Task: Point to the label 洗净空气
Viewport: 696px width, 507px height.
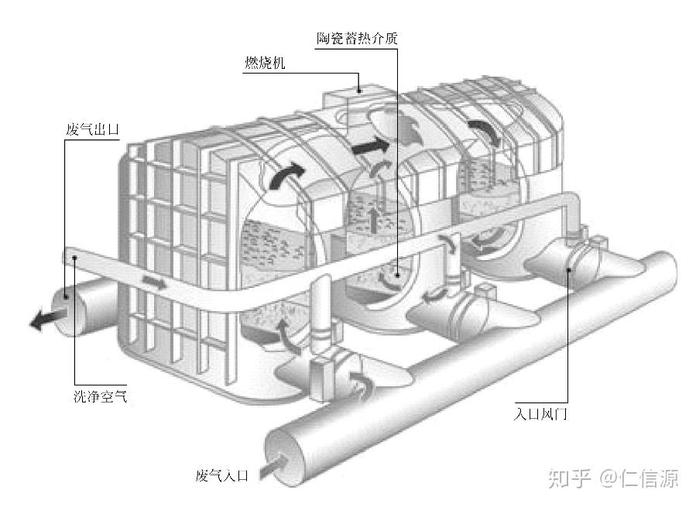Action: click(94, 398)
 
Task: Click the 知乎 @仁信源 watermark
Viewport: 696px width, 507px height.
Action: click(613, 478)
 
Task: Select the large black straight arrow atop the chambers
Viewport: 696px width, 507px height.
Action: click(371, 145)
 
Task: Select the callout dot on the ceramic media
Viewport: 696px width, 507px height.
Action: click(396, 272)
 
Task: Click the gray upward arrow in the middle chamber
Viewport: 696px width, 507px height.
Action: click(375, 219)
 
